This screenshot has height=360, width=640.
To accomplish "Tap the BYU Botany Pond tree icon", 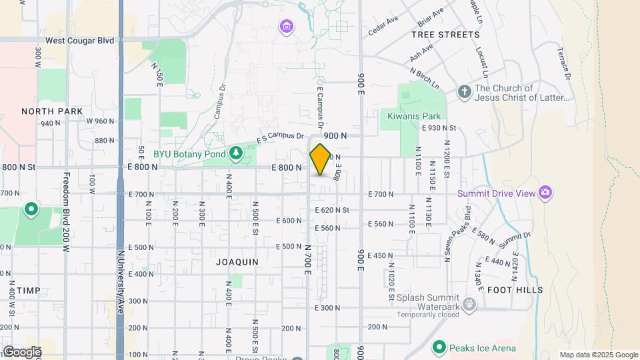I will pos(235,154).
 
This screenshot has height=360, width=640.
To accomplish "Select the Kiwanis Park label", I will pos(414,115).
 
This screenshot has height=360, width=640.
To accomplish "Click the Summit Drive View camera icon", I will pos(545,193).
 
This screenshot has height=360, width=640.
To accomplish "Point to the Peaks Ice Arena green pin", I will pos(439,347).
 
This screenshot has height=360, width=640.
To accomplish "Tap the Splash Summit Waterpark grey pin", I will pos(469,304).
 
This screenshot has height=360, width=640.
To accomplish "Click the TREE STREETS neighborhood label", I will pos(445,34).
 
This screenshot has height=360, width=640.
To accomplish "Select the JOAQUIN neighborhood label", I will pos(237,262).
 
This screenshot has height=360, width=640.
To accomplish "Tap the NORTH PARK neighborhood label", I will pos(52,111).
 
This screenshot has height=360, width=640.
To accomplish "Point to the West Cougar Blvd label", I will pos(79,41).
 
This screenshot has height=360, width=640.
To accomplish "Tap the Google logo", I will pos(21,351).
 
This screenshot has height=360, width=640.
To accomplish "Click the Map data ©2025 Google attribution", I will pos(598,355).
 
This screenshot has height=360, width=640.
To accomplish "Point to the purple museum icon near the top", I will pos(287,27).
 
